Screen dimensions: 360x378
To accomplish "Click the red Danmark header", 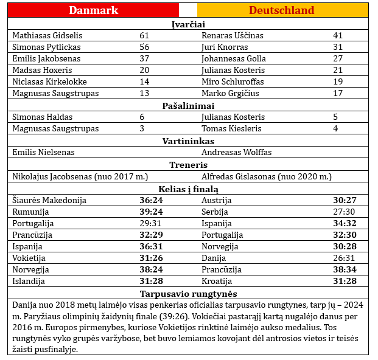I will click(93, 10).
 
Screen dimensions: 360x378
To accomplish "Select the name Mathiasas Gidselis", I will click(47, 35).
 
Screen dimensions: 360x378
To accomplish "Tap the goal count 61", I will click(144, 35).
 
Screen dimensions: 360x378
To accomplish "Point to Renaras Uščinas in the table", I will click(233, 35).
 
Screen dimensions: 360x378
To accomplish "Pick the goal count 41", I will click(338, 35).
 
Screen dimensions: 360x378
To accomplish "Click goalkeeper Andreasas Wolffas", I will click(237, 152).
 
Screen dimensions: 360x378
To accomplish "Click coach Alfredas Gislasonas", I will click(266, 176).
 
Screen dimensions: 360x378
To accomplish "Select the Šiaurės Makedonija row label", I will click(49, 200).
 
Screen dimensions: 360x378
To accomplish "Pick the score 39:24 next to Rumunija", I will click(150, 212).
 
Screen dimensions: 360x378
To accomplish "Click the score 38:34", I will click(344, 269).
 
